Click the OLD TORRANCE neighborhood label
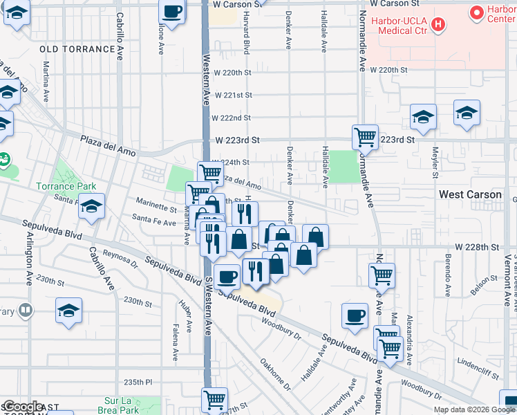(77, 49)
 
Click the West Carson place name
(470, 195)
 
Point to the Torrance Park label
(66, 186)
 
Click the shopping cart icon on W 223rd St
(365, 136)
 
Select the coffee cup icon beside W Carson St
(172, 12)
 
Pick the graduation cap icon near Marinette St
(91, 206)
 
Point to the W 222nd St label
(231, 118)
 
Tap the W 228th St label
(481, 247)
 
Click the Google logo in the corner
(22, 407)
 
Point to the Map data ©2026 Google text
(474, 409)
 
